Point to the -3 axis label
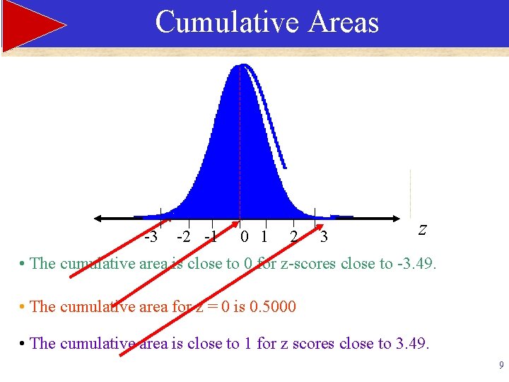(151, 236)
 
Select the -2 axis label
(184, 236)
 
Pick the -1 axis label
(211, 236)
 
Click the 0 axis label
(244, 236)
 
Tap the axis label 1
(264, 236)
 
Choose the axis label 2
(293, 236)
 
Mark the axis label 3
(324, 236)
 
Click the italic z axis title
(422, 229)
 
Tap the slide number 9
(501, 366)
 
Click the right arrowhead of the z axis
(394, 218)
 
